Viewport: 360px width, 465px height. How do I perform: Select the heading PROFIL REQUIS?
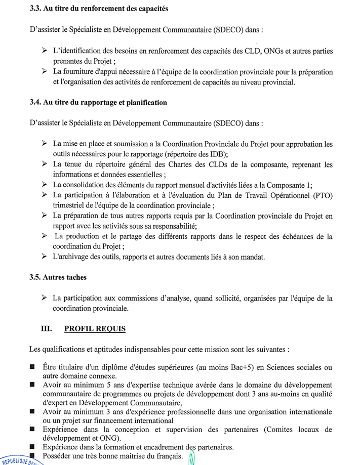(x=95, y=329)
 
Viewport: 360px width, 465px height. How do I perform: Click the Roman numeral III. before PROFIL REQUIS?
(x=46, y=329)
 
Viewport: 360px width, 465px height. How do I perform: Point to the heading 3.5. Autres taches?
(x=58, y=277)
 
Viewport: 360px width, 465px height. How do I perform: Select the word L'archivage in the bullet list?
(x=71, y=257)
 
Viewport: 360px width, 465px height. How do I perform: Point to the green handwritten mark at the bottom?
(x=191, y=458)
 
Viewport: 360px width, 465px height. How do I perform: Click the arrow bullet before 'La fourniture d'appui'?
(x=45, y=71)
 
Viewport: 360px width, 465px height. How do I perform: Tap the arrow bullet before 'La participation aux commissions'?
(x=45, y=298)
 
